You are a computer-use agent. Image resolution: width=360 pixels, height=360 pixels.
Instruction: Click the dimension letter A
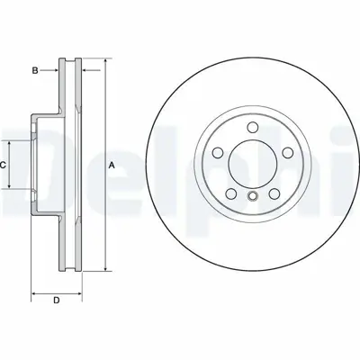[x=112, y=165]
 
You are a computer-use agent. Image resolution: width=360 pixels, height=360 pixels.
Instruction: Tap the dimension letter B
[x=36, y=69]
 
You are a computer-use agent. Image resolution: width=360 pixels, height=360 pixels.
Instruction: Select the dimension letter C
[x=4, y=165]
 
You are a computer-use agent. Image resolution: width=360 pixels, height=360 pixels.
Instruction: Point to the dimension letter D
[x=56, y=300]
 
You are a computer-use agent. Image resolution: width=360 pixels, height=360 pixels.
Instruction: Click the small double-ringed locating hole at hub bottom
[x=253, y=198]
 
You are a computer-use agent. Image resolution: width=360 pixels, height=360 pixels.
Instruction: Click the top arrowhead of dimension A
[x=106, y=63]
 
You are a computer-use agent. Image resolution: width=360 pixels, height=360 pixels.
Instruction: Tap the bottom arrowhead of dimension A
[x=106, y=267]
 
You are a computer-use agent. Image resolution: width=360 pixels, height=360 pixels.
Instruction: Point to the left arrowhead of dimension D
[x=35, y=292]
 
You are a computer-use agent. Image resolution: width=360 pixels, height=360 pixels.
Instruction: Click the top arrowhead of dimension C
[x=11, y=141]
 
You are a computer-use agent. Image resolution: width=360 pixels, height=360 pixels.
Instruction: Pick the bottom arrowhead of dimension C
[x=11, y=189]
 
